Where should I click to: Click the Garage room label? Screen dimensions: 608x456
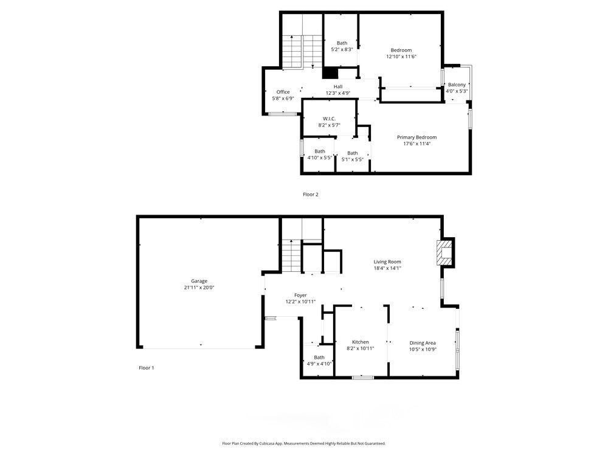coord(199,281)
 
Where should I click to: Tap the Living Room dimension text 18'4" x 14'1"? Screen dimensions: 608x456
coord(387,268)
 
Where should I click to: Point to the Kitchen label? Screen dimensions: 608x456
coord(360,342)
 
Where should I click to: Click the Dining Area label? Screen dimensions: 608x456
coord(423,343)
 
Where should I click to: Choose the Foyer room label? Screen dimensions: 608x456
coord(300,295)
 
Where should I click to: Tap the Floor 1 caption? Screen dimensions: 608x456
coord(147,368)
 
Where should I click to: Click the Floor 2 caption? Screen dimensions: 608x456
coord(311,195)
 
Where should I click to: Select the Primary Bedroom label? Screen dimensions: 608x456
coord(417,137)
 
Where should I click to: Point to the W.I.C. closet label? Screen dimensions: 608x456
coord(329,119)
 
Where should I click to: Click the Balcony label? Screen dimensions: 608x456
coord(457,85)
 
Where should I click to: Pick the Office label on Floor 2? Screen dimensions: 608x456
coord(283,92)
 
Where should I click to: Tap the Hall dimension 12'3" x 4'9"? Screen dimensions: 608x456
coord(338,93)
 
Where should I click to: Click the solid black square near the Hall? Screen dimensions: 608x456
coord(330,73)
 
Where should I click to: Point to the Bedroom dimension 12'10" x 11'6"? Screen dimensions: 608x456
coord(401,57)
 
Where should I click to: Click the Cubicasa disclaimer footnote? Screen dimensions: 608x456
coord(304,443)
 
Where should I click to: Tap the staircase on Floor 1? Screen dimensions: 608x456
coord(291,255)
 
